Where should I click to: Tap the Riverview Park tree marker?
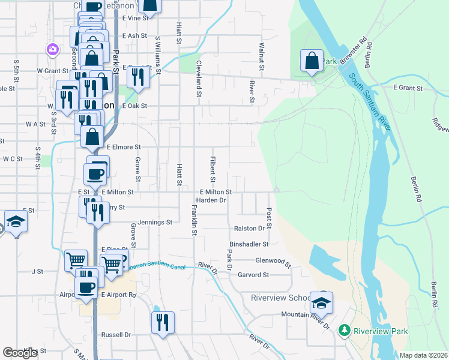(344, 331)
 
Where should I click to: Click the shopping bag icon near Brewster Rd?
(312, 61)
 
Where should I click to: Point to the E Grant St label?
(408, 88)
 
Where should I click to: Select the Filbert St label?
(212, 169)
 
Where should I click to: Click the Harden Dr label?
(211, 200)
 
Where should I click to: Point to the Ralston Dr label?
(249, 228)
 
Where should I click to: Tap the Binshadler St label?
(249, 244)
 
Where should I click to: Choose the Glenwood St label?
(273, 262)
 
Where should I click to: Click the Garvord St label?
(253, 275)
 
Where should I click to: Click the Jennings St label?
(155, 222)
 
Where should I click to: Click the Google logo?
(20, 353)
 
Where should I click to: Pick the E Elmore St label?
(123, 146)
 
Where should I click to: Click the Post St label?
(268, 219)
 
